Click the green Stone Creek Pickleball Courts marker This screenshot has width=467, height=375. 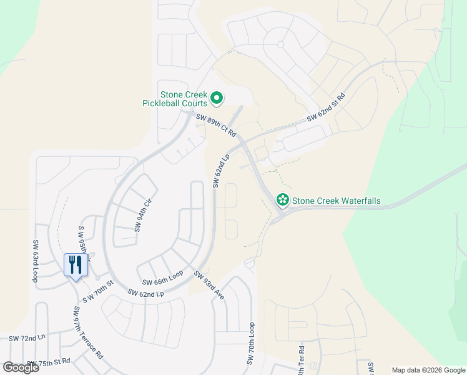pos(217,97)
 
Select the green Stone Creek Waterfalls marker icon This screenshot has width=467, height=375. pos(282,200)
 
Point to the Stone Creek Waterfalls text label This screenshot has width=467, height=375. pos(337,201)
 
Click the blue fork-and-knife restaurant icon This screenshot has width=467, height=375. pos(76,265)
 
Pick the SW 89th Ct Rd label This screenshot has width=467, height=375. pos(215,125)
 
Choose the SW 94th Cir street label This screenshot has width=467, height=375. pos(143,215)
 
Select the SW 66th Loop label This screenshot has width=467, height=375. pos(162,279)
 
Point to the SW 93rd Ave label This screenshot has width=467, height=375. pos(209,285)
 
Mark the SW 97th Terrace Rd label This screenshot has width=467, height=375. pos(87,332)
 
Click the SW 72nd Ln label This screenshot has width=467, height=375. pos(27,338)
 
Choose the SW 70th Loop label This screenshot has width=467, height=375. pos(252,344)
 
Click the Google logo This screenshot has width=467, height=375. pos(21,367)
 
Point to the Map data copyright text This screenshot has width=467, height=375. pos(428,370)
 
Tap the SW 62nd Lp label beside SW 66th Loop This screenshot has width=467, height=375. pos(145,292)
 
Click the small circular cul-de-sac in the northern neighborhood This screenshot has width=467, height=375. pos(280,44)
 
